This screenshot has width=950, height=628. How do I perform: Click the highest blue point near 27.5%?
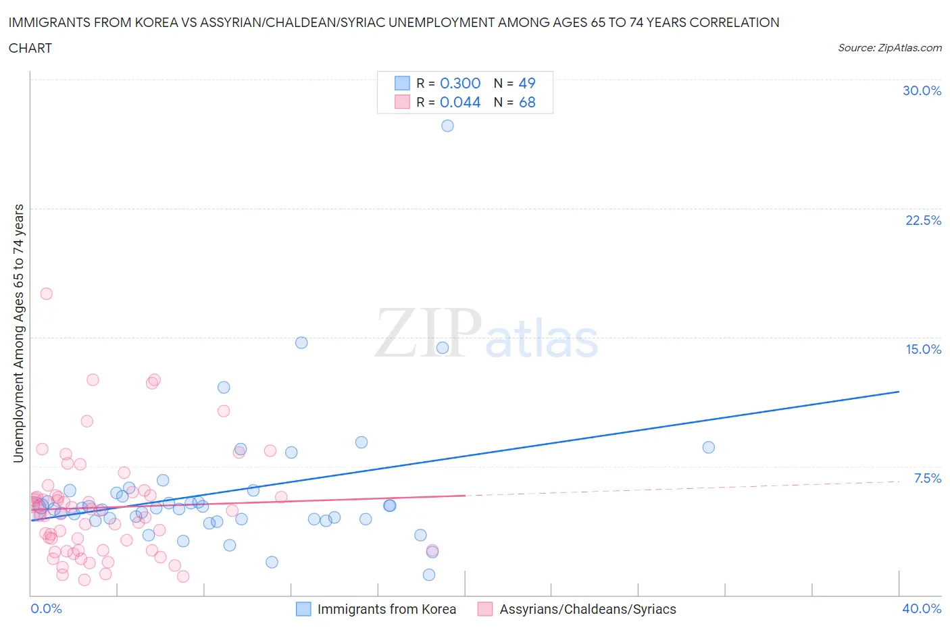(x=447, y=126)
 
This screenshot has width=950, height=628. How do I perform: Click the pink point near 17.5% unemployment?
(x=47, y=294)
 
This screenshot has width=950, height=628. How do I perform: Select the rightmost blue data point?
(x=708, y=447)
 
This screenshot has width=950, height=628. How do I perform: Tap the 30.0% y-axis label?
(x=922, y=90)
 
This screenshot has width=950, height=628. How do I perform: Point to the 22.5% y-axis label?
(x=923, y=220)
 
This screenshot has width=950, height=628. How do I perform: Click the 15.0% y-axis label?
(x=923, y=349)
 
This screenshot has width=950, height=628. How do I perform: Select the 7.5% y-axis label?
(x=927, y=478)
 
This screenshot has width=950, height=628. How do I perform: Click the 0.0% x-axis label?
(x=46, y=608)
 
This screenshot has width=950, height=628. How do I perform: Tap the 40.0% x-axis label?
(x=922, y=608)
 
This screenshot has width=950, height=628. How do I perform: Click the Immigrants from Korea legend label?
(x=386, y=609)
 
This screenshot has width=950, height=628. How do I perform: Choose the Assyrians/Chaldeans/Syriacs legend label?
(x=588, y=609)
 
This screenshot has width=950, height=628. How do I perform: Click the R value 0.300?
(x=460, y=83)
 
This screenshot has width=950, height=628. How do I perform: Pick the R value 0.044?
(x=460, y=102)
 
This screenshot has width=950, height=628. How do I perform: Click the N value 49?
(x=527, y=83)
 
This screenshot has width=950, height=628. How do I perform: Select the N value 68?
(x=527, y=102)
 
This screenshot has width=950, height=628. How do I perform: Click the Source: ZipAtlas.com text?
(x=889, y=47)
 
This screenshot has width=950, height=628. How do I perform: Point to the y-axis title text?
(x=18, y=334)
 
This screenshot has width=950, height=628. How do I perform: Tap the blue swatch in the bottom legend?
(x=304, y=609)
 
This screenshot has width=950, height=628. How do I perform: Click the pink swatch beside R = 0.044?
(x=402, y=102)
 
